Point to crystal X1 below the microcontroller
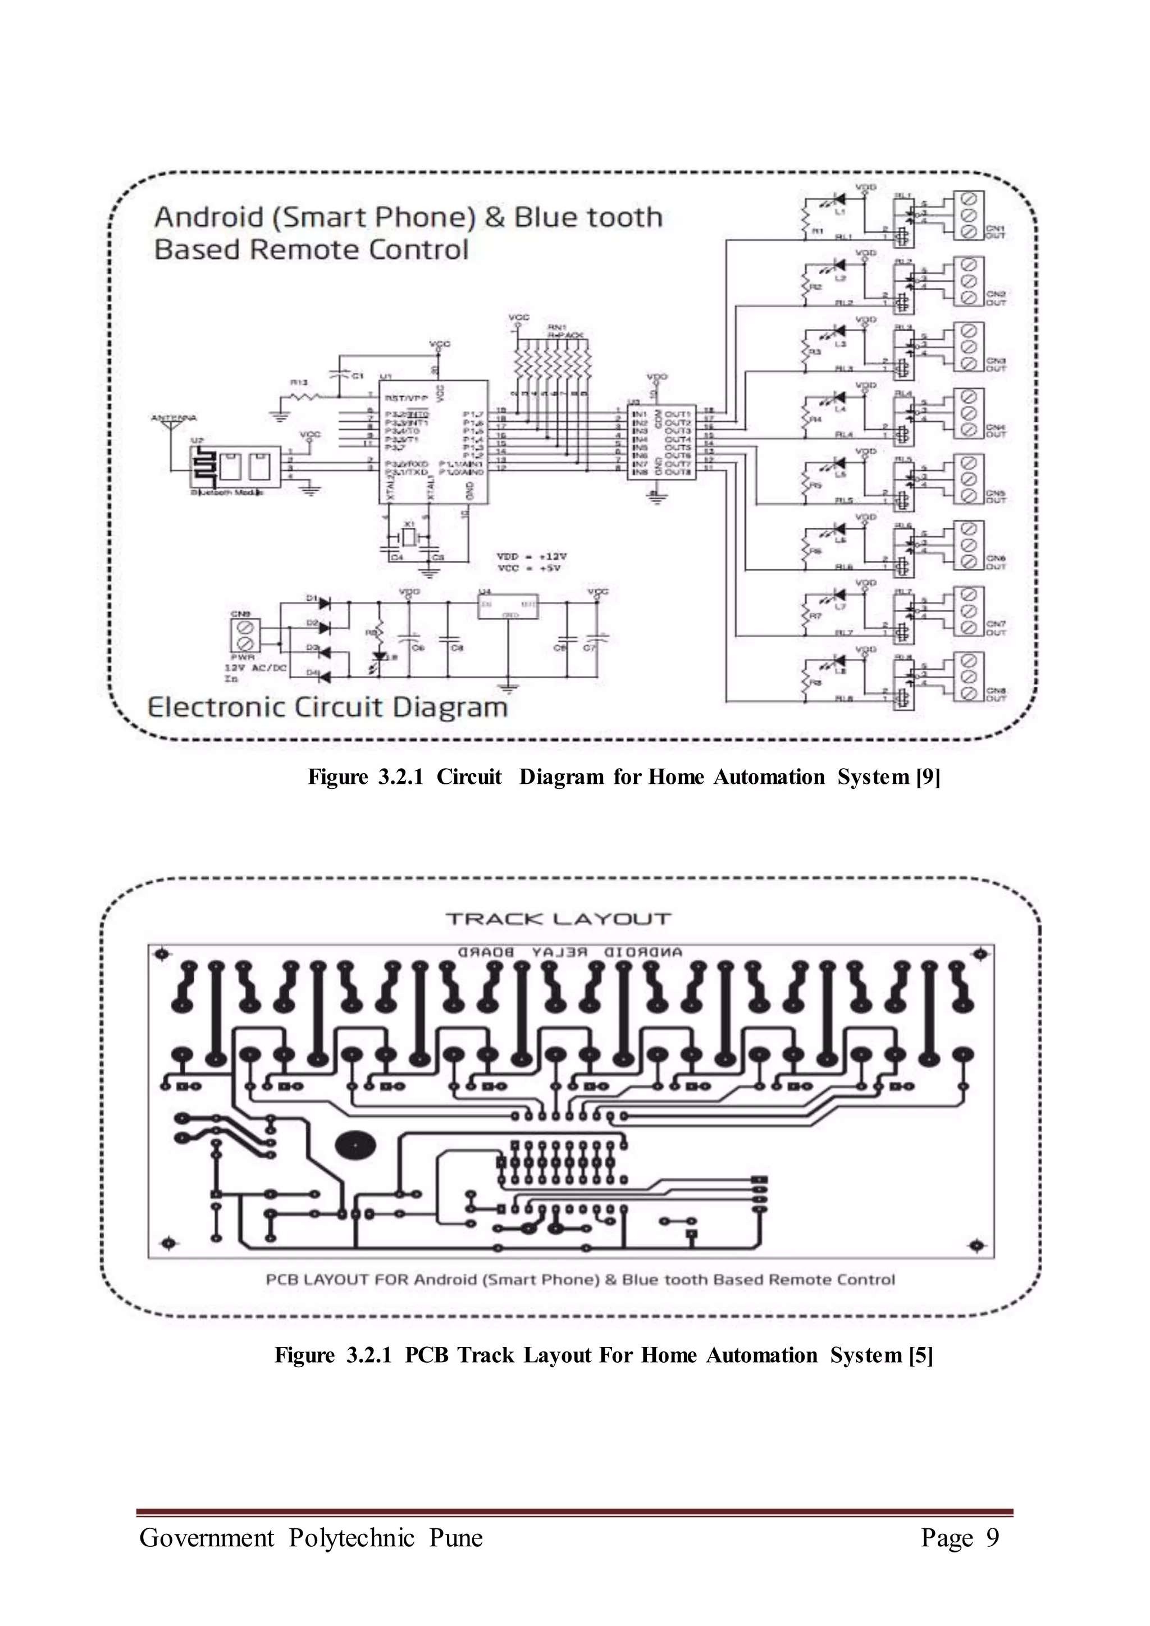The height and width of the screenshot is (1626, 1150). [409, 539]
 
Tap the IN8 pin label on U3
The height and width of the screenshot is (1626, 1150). [640, 472]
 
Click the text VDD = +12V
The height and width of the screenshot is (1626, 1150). [532, 556]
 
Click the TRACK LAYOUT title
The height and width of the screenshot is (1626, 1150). [557, 919]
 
